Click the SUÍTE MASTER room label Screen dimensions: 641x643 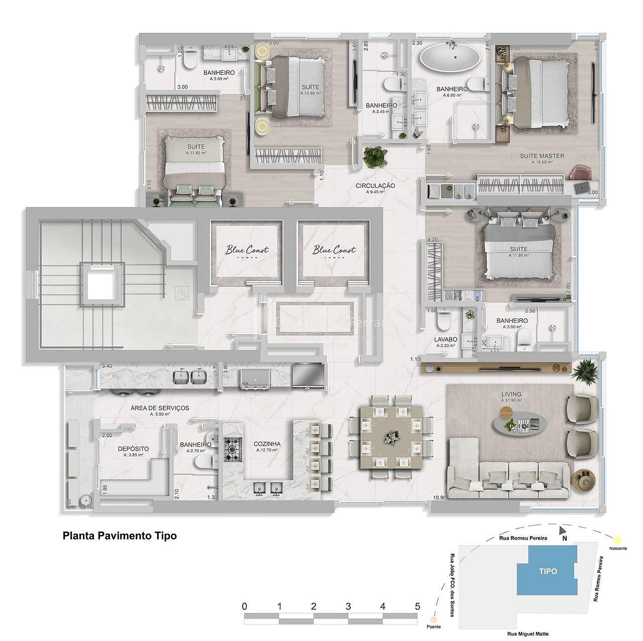[542, 156]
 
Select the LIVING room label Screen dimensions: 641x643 [511, 395]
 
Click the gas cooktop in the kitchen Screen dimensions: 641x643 [233, 449]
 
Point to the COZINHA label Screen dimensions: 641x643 [267, 444]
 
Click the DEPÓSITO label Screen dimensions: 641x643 [133, 449]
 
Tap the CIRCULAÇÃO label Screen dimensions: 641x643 [375, 186]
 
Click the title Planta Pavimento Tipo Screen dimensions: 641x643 [120, 536]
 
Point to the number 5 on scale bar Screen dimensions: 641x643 [417, 606]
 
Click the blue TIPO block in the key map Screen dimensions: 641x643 [548, 571]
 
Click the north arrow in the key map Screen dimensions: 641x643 [563, 531]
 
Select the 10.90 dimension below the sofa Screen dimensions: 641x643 [439, 498]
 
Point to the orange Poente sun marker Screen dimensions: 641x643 [432, 620]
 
